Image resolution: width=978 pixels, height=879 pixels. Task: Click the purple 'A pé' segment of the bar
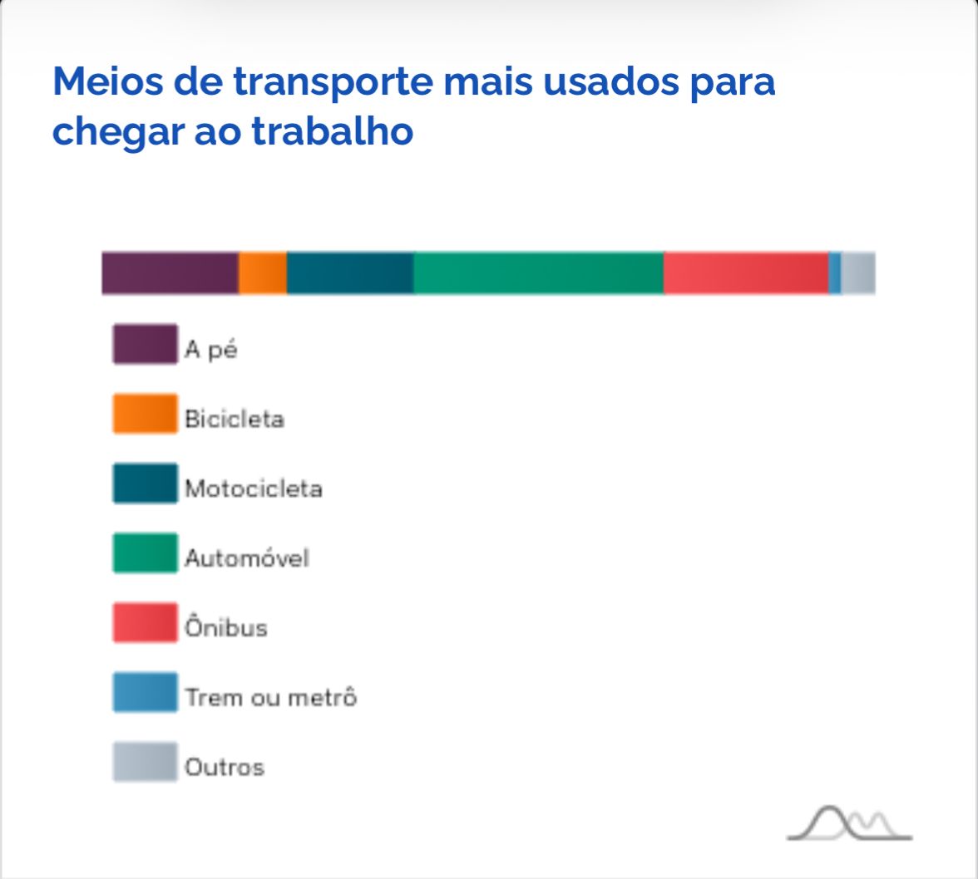click(x=170, y=273)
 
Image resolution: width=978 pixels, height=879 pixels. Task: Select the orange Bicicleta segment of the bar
click(x=263, y=273)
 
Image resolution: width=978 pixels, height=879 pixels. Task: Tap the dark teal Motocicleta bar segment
click(x=350, y=273)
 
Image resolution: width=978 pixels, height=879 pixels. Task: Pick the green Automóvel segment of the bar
click(x=538, y=273)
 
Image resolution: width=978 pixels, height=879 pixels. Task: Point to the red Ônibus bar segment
click(x=745, y=273)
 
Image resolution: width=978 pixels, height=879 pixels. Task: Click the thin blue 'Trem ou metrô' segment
click(x=835, y=273)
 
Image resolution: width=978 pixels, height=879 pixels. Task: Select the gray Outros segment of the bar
click(x=858, y=273)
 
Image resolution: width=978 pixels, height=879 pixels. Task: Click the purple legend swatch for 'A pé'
click(x=145, y=344)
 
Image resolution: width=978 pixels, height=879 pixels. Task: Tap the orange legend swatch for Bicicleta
click(x=145, y=414)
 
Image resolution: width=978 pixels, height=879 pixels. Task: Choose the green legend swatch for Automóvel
click(x=145, y=553)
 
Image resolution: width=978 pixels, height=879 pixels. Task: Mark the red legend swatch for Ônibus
click(x=145, y=623)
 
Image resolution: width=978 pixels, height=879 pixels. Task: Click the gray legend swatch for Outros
click(x=145, y=763)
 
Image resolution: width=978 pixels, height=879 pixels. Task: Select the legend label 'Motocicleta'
click(x=253, y=488)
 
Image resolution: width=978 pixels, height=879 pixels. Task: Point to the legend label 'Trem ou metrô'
click(x=270, y=697)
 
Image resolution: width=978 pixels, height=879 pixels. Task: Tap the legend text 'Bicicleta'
click(x=234, y=418)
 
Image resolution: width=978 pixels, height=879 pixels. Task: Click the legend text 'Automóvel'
click(x=246, y=557)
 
